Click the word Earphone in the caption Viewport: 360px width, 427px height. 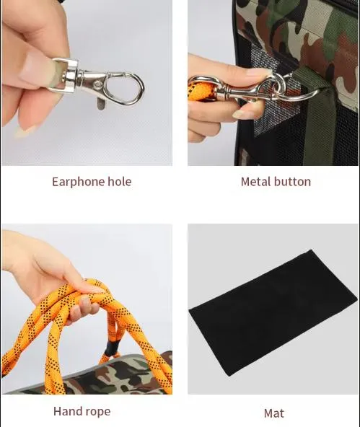[78, 182]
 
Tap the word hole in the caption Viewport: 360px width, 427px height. [120, 181]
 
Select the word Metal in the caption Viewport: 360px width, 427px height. [255, 182]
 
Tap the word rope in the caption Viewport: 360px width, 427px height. [96, 412]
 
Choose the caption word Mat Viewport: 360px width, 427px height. [273, 413]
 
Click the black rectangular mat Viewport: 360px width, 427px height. [272, 313]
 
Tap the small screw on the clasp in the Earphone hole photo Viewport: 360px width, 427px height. [98, 85]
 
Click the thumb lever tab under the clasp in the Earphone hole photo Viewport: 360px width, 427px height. [100, 104]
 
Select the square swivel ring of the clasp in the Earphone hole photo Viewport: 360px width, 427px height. [66, 75]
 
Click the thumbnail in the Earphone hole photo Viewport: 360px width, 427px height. [38, 69]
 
